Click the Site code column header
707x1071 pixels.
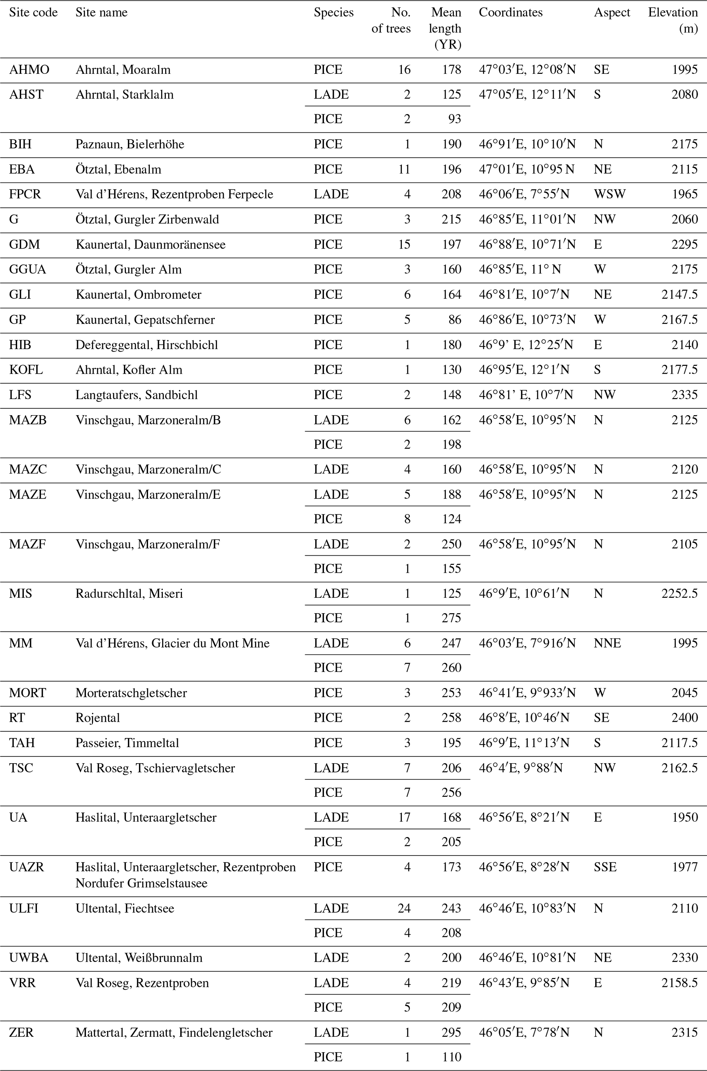[34, 13]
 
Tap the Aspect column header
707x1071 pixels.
[612, 13]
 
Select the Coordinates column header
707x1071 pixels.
[510, 13]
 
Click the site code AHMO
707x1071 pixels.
[29, 70]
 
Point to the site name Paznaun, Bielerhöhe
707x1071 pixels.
[130, 144]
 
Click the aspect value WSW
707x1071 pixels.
[610, 194]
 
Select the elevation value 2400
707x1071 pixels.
[684, 718]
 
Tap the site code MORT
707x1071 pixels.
[27, 693]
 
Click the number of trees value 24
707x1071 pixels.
[404, 908]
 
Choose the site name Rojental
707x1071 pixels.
[97, 718]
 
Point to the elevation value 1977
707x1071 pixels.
[684, 867]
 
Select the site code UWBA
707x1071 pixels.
[29, 958]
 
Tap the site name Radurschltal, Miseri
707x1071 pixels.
[129, 594]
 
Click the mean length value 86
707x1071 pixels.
[455, 320]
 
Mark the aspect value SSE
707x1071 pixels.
[605, 867]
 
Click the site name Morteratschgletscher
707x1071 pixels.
[131, 693]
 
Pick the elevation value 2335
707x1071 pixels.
[684, 395]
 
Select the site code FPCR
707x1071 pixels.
[25, 194]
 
